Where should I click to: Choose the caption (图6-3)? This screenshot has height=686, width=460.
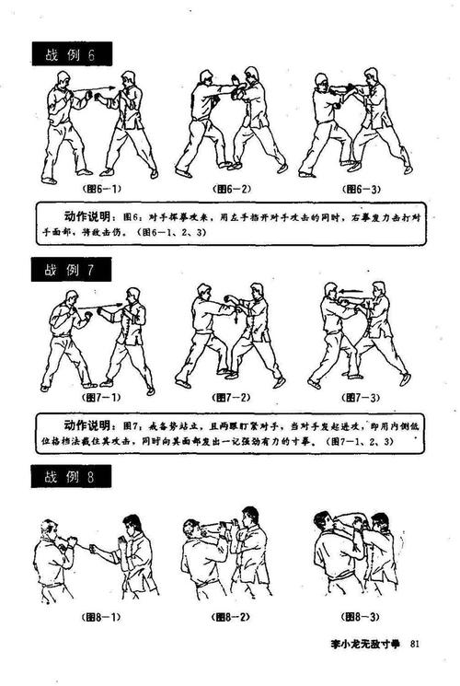[x=361, y=189]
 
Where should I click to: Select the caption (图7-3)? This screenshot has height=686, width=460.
[x=361, y=398]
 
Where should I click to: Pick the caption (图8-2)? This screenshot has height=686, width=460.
[x=224, y=615]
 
